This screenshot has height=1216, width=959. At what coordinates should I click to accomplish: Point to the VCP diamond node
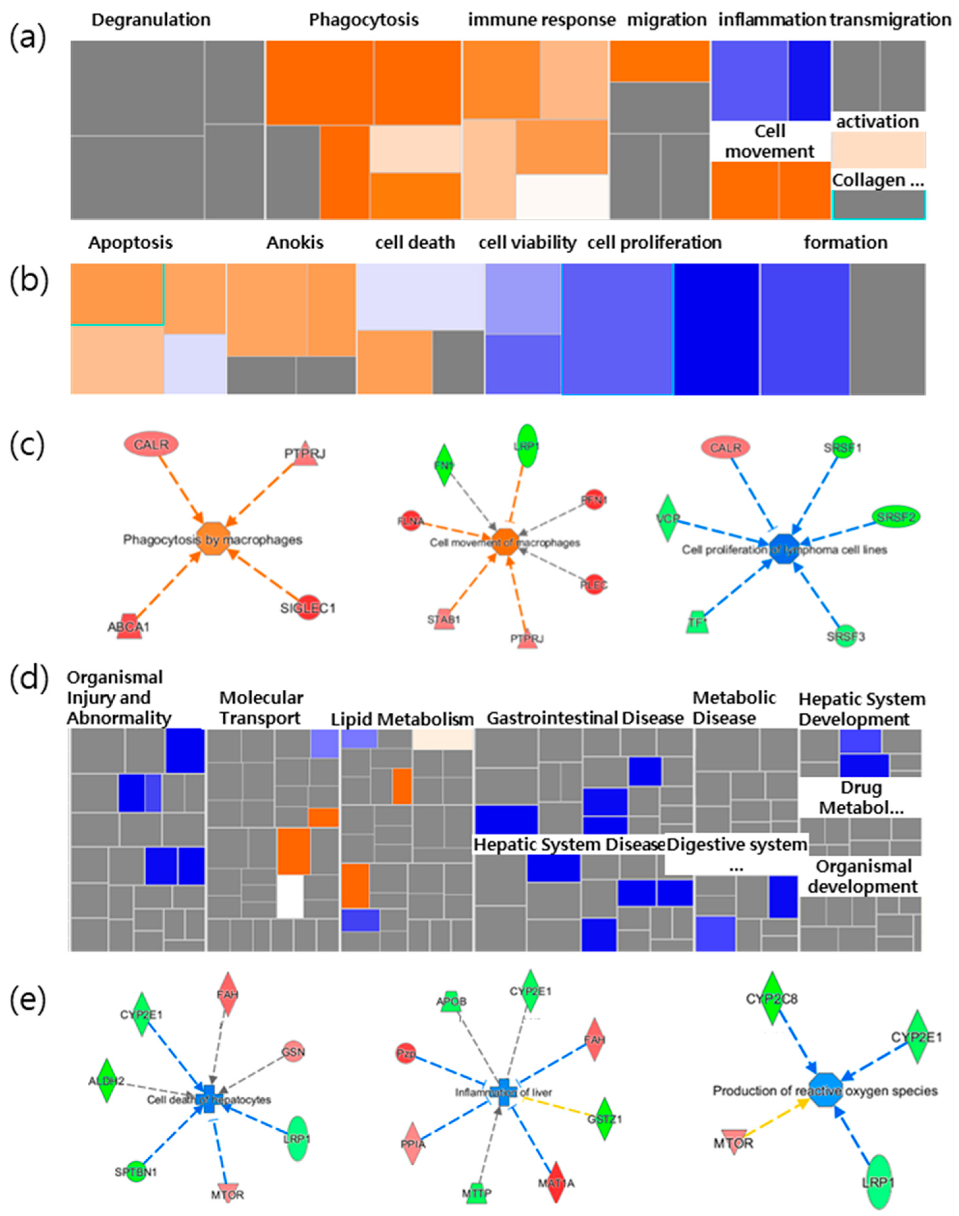pos(667,518)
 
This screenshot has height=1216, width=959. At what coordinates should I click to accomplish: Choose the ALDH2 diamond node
pos(106,1081)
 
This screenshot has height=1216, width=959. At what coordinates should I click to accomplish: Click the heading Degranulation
pos(151,20)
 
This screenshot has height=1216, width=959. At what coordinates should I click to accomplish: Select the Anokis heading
pos(295,242)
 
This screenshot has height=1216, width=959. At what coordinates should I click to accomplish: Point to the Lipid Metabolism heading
pos(402,719)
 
